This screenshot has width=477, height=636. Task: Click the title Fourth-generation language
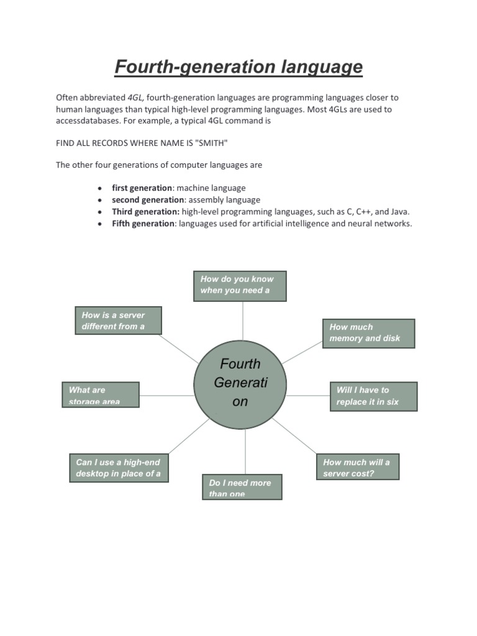pos(238,66)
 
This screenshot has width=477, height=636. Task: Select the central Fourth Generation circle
pos(240,384)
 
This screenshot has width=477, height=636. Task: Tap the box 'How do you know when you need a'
pos(240,285)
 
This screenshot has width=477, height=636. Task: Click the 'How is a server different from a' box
pos(118,320)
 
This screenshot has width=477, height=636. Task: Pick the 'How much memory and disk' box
pos(368,333)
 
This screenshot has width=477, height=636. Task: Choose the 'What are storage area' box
pos(100,394)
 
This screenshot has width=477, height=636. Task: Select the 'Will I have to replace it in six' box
pos(373,396)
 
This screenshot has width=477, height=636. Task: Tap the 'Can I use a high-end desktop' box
pos(119,468)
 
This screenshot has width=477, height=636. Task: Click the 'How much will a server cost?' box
pos(357,467)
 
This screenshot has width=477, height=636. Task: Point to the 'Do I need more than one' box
pos(242,487)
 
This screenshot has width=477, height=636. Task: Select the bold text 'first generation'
pos(142,188)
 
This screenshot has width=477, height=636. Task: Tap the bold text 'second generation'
pos(148,200)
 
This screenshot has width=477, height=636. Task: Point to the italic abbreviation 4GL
pos(135,98)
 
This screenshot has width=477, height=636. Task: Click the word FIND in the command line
pos(65,143)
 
